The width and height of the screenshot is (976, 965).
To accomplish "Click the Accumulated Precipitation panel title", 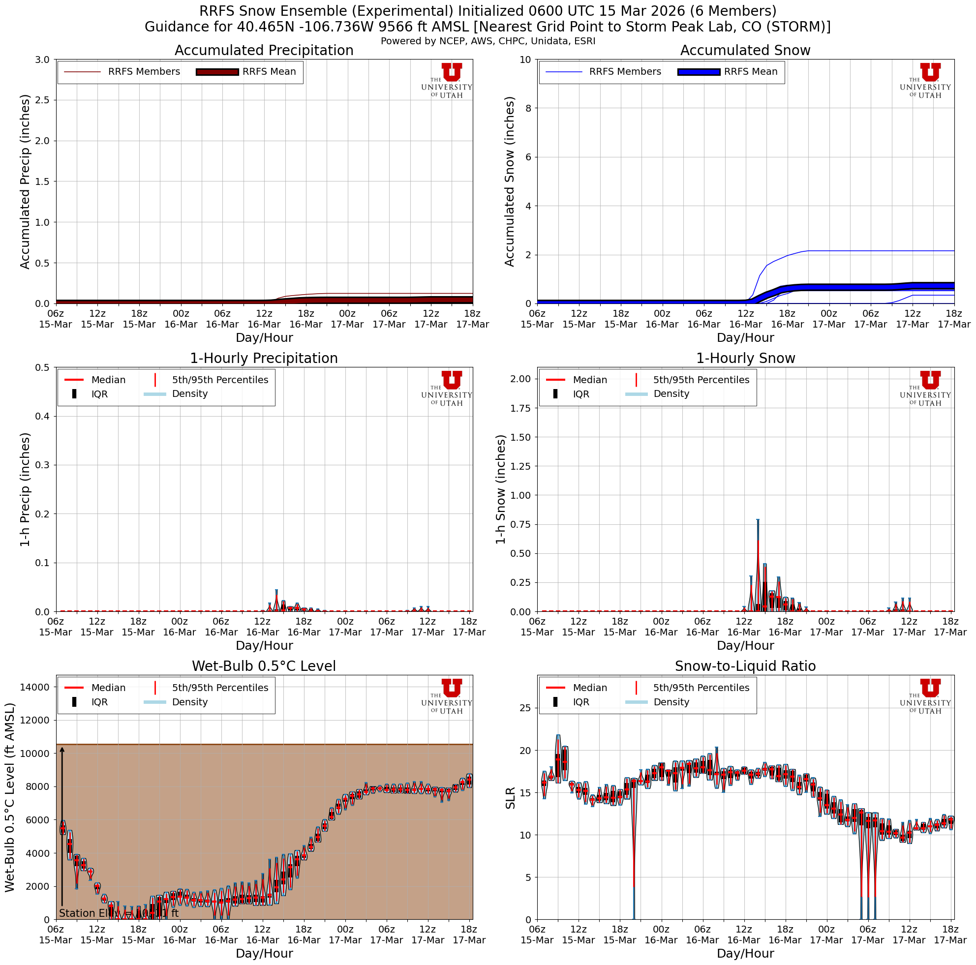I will [264, 51].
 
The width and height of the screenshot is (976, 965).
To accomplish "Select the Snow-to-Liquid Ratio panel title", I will [745, 666].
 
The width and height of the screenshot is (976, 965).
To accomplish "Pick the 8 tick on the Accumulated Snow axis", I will [528, 108].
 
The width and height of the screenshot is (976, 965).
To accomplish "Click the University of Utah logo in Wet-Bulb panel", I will [447, 696].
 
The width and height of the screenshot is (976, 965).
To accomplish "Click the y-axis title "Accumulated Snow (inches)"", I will [509, 181].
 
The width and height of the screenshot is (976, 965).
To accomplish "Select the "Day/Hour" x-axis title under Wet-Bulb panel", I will [264, 953].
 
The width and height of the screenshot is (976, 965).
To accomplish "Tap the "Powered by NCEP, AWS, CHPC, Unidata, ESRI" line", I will [488, 41].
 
